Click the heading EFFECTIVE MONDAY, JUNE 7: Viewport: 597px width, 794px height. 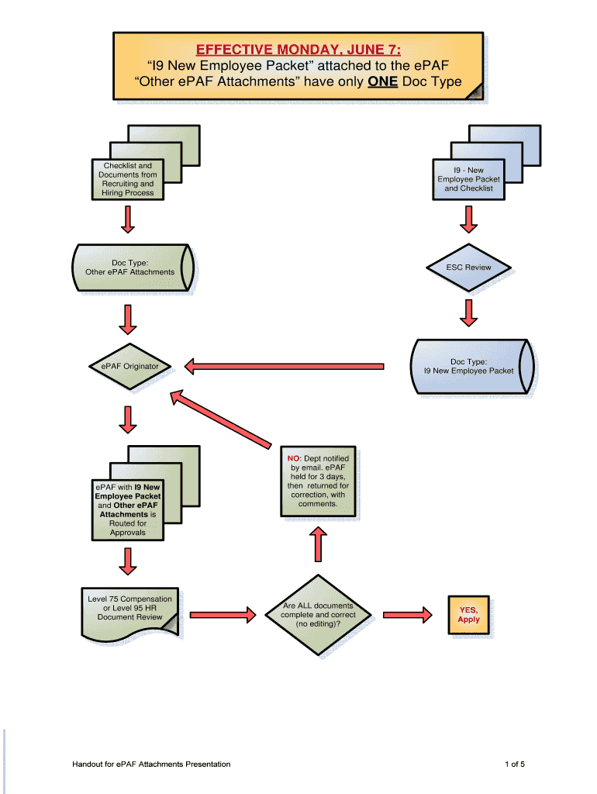click(298, 50)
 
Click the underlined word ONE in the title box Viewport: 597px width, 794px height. click(382, 81)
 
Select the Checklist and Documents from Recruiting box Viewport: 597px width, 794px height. click(128, 179)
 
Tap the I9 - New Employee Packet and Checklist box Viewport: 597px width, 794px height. click(468, 179)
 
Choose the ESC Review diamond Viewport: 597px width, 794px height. click(468, 268)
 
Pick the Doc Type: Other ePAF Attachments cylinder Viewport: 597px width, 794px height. click(130, 268)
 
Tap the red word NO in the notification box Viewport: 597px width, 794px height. click(294, 459)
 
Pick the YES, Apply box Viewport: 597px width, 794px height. click(468, 614)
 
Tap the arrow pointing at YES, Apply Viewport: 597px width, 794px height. click(408, 615)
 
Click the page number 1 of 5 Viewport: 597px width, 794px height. click(515, 765)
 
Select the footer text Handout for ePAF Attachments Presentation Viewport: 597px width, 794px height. click(151, 765)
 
